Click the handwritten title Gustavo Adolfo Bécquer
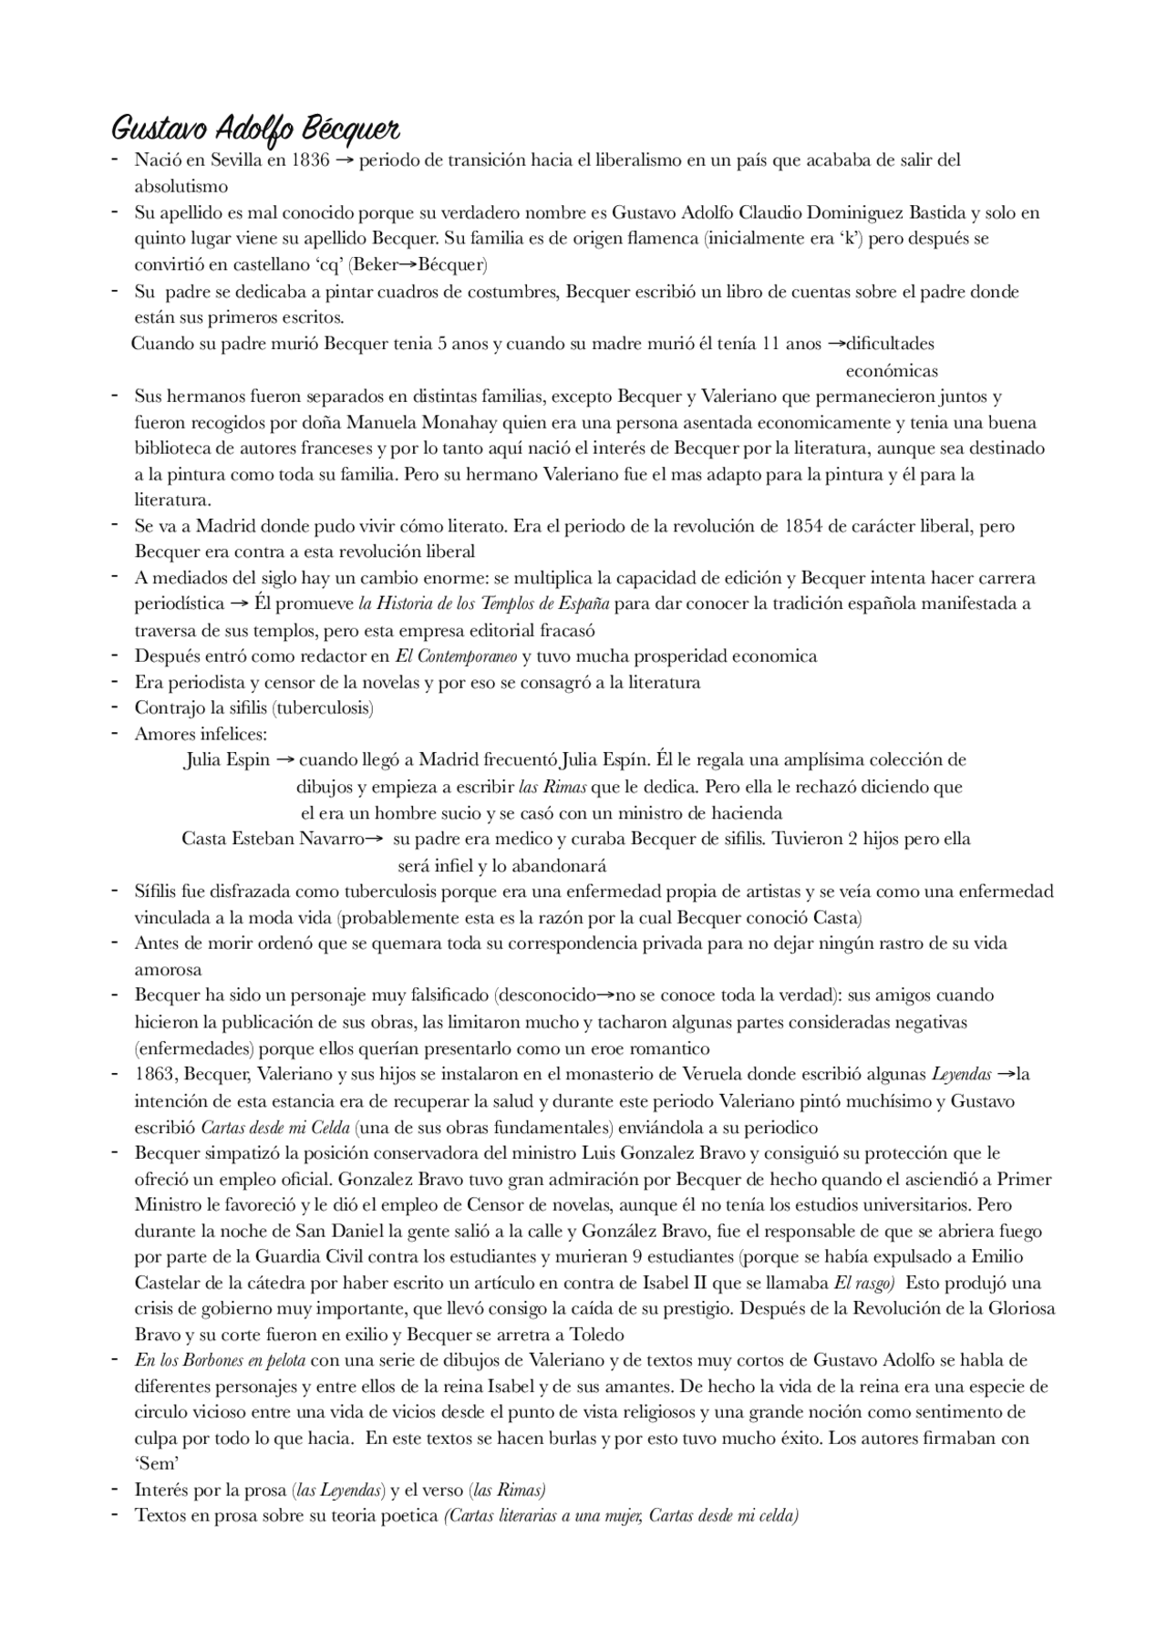[x=254, y=128]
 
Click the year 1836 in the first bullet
[x=310, y=160]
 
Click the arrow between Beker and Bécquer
[x=408, y=265]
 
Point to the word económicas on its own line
[x=891, y=371]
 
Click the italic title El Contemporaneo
[x=456, y=656]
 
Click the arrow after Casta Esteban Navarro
[x=373, y=839]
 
